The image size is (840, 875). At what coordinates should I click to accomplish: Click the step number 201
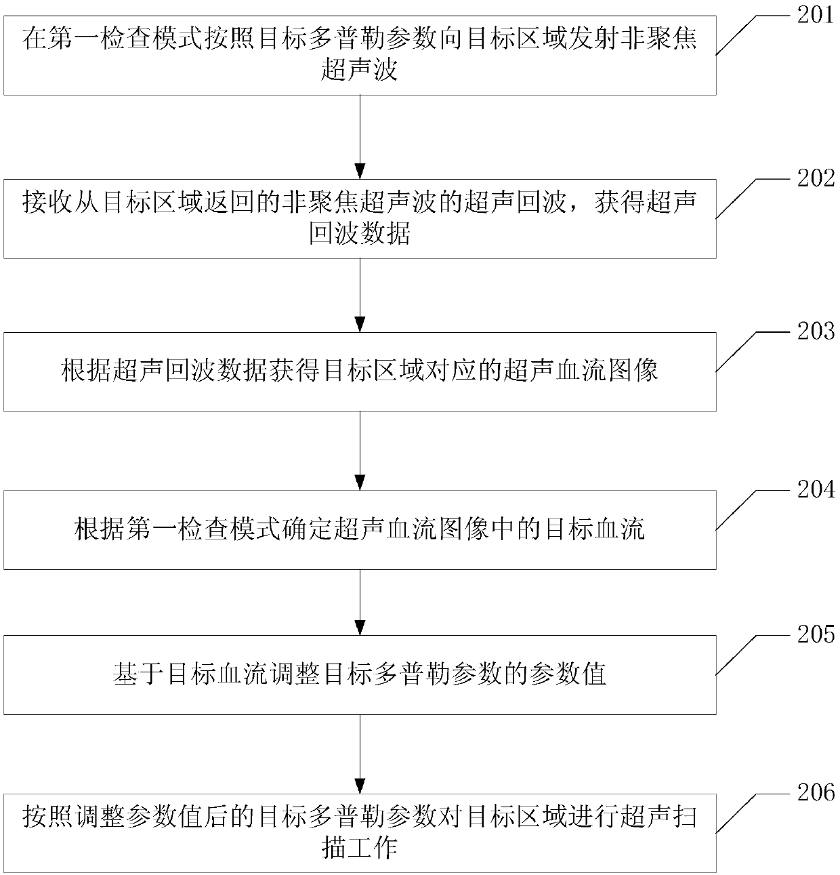click(x=816, y=15)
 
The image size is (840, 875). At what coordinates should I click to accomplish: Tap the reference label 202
click(x=816, y=178)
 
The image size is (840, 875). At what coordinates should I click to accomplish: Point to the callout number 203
click(x=816, y=331)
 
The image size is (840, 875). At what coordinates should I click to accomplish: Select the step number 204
click(x=816, y=489)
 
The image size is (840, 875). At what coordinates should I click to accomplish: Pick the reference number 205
click(x=816, y=634)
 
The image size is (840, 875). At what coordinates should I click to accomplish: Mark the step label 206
click(x=816, y=792)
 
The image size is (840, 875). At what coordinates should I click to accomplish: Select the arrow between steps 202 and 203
click(x=360, y=295)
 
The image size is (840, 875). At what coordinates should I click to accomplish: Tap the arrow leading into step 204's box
click(x=360, y=451)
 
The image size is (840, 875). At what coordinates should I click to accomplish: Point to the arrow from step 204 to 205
click(x=360, y=602)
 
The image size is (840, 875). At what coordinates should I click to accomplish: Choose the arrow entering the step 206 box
click(x=360, y=753)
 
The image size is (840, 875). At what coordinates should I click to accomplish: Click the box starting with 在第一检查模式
click(x=360, y=56)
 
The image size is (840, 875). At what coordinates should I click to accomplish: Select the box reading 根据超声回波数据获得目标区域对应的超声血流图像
click(x=360, y=371)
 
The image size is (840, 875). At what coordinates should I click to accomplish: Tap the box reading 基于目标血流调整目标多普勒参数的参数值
click(x=360, y=674)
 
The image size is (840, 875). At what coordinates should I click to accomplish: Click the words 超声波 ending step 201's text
click(x=360, y=70)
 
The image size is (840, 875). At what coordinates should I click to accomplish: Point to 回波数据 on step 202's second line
click(x=360, y=234)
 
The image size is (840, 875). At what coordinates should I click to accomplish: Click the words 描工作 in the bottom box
click(x=360, y=847)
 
